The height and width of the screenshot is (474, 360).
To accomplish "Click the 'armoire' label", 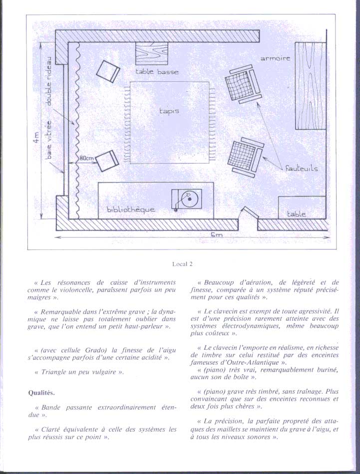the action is [275, 58].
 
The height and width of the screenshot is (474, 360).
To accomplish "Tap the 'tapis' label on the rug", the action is [169, 111].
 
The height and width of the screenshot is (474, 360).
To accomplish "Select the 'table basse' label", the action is [157, 72].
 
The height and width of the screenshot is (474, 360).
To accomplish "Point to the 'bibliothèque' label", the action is [131, 209].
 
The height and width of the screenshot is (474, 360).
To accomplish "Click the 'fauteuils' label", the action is [301, 168].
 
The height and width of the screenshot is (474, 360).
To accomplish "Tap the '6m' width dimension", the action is [217, 235].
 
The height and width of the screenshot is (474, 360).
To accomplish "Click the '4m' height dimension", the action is [36, 138].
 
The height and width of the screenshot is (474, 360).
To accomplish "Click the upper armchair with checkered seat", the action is [243, 85].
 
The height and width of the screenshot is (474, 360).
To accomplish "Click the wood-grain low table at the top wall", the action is [152, 53].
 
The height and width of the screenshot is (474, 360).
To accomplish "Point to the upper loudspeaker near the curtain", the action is [108, 71].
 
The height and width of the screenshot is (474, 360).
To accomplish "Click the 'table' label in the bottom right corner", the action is [296, 214].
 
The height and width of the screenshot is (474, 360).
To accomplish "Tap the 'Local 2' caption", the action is [182, 264].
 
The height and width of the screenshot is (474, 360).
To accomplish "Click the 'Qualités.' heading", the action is [41, 393].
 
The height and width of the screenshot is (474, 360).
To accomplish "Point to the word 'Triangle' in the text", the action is [53, 372].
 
